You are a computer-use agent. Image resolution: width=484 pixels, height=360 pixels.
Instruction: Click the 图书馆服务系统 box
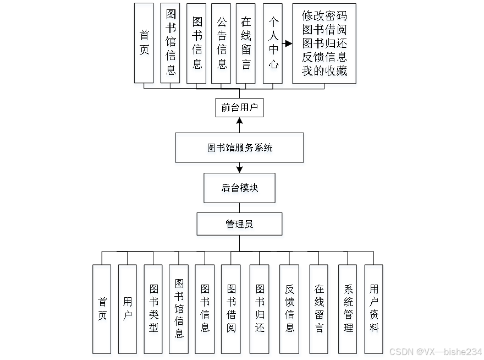pos(240,149)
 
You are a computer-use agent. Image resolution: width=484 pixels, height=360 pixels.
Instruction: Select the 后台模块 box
pos(240,189)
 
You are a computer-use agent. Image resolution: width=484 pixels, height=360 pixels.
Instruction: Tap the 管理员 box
pos(240,226)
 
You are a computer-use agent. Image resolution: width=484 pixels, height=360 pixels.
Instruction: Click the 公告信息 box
pos(222,45)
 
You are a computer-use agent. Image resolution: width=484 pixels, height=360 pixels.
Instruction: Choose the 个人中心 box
pos(273,45)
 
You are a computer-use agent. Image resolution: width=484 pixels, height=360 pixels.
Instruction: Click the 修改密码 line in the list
pos(324,17)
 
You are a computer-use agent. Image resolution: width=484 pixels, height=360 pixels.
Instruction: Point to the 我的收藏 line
pos(324,71)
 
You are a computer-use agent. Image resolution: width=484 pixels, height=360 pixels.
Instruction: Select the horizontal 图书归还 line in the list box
pos(324,43)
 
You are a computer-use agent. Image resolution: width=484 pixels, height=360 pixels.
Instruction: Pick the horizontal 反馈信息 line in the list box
pos(324,57)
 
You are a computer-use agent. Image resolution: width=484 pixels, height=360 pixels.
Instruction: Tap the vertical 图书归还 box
pos(260,311)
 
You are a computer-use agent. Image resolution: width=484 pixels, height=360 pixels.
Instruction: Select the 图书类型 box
pos(153,311)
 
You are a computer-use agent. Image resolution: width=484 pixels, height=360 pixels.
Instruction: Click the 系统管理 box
pos(348,311)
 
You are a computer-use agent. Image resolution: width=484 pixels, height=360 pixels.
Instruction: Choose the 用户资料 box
pos(374,311)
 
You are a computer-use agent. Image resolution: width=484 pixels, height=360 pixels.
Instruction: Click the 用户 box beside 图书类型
pos(128,311)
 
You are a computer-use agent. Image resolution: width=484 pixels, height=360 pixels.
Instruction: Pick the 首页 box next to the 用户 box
pos(102,311)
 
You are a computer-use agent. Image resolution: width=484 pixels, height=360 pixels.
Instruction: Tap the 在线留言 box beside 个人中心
pos(246,45)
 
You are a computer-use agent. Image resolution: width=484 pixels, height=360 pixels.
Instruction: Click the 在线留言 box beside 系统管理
pos(320,311)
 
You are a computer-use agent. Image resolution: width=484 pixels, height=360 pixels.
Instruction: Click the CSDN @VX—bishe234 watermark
pos(435,351)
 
